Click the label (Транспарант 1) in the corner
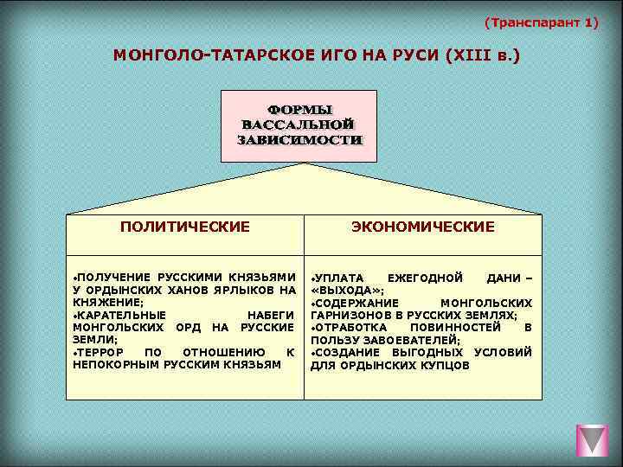(541, 22)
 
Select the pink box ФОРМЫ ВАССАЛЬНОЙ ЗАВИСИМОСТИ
(300, 125)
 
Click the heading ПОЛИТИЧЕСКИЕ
(185, 227)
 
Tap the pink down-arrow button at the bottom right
(592, 440)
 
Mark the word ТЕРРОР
(99, 353)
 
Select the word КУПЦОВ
(445, 366)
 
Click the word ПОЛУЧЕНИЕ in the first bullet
(112, 276)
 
